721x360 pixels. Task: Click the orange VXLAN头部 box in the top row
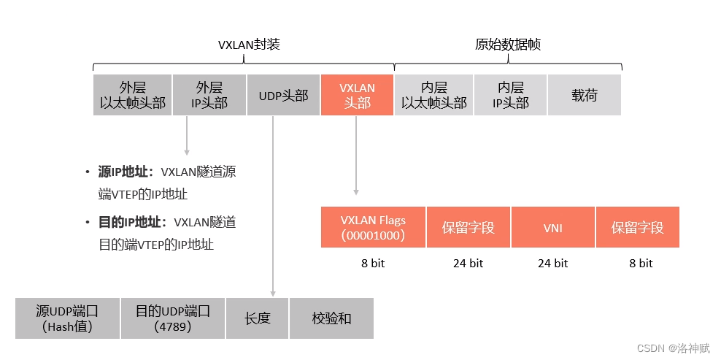(x=357, y=95)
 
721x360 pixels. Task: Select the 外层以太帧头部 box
(x=133, y=95)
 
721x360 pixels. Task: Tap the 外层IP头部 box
(x=209, y=95)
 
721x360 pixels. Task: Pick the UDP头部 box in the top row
(x=283, y=95)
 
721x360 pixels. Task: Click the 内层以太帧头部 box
(x=433, y=95)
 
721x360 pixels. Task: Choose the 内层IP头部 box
(x=510, y=95)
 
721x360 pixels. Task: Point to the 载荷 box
(x=585, y=95)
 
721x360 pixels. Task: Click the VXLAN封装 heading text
(x=249, y=45)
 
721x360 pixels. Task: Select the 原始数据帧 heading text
(x=508, y=45)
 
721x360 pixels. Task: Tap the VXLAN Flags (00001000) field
(x=373, y=227)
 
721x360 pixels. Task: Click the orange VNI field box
(x=552, y=227)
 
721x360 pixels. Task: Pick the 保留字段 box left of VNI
(x=468, y=227)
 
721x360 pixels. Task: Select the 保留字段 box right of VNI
(x=637, y=227)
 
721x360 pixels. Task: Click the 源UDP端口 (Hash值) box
(x=67, y=318)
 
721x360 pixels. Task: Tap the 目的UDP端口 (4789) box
(x=173, y=318)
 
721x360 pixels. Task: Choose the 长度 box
(x=258, y=318)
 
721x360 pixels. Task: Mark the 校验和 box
(x=331, y=318)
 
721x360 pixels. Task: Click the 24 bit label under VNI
(x=552, y=263)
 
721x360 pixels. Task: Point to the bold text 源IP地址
(x=126, y=172)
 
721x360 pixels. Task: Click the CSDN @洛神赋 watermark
(x=673, y=348)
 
